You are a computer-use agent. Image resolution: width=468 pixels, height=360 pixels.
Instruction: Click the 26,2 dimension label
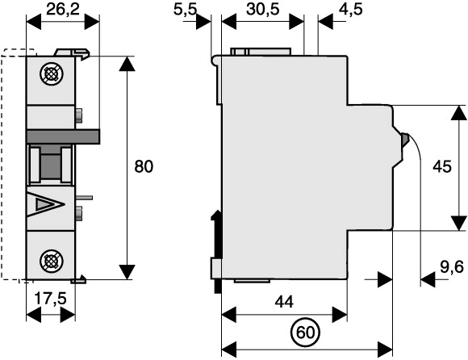63,10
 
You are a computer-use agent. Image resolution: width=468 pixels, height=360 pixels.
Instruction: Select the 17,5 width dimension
51,298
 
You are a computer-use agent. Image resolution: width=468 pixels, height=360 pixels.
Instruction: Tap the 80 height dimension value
144,166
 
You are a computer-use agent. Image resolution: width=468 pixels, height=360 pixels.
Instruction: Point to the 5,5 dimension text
185,10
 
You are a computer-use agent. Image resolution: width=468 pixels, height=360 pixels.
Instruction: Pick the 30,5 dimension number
263,10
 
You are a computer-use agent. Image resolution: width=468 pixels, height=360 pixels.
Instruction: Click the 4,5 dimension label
351,10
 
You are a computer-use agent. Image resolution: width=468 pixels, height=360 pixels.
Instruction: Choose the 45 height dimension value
442,166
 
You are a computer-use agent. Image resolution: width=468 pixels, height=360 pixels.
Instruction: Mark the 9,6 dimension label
452,266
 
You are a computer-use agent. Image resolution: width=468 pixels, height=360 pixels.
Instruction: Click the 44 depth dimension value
284,302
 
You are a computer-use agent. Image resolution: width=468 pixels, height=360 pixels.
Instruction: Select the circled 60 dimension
305,333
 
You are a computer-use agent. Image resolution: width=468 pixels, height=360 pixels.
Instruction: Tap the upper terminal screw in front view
52,74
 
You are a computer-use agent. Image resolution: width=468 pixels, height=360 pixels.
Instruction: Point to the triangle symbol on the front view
45,204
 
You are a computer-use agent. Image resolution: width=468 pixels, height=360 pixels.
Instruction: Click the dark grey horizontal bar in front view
63,136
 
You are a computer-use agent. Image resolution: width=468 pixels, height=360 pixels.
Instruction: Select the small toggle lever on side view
404,140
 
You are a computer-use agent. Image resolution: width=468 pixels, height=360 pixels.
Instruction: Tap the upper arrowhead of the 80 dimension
127,63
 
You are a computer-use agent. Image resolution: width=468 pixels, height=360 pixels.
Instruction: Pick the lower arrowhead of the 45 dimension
458,224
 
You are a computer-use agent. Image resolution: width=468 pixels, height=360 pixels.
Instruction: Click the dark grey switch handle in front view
51,163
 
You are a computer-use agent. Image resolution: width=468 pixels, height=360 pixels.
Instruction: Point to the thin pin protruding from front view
84,198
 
